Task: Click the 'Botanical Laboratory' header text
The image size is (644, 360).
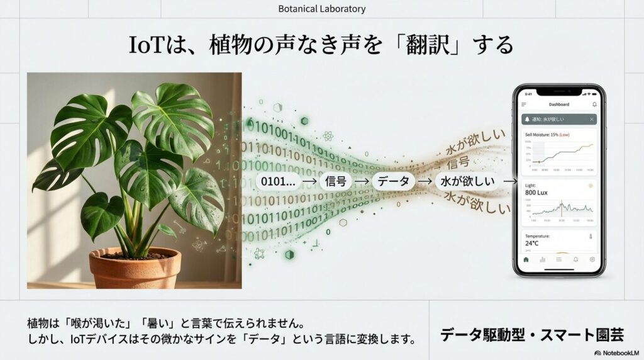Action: coord(321,9)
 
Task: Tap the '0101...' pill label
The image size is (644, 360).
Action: coord(277,181)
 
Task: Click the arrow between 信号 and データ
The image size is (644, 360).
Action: coord(364,181)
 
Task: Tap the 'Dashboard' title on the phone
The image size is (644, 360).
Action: coord(558,104)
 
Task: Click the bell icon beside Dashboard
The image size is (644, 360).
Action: coord(594,104)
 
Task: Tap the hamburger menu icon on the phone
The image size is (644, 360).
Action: coord(524,104)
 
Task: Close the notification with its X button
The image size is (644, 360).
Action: coord(592,119)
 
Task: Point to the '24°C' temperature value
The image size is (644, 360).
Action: coord(532,243)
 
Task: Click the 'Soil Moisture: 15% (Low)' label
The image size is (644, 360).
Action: coord(547,135)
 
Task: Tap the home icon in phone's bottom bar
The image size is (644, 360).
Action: coord(526,259)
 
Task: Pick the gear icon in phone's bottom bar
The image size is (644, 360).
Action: coord(592,259)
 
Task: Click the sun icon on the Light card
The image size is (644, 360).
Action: coord(590,186)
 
